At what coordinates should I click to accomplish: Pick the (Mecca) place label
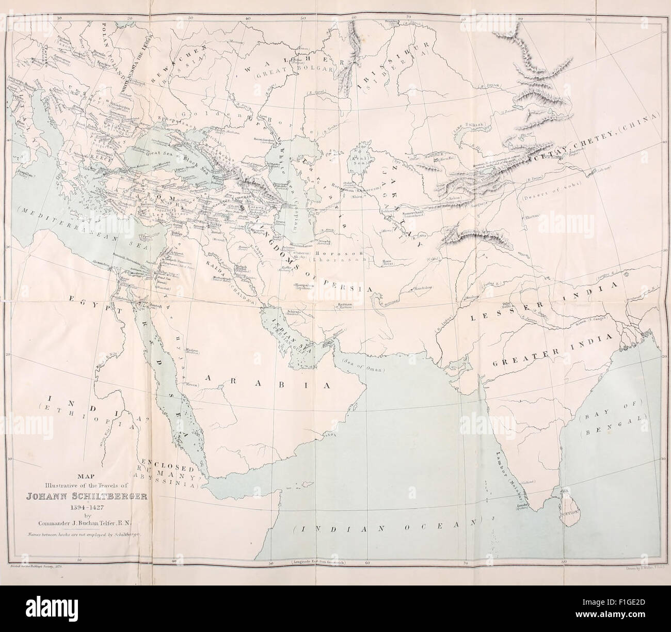pos(193,383)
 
